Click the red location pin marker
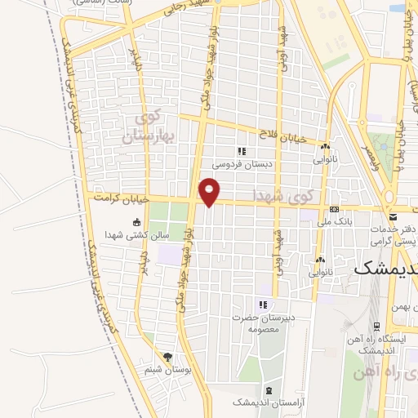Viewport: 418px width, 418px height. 211,192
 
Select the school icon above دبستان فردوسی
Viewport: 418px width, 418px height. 241,151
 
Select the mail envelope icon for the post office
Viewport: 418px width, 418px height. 393,217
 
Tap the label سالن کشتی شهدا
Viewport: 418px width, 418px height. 135,236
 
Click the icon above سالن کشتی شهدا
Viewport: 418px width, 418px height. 136,223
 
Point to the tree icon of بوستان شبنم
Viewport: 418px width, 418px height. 168,357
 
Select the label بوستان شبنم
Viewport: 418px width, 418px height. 168,371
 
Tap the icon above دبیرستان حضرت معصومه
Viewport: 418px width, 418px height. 263,305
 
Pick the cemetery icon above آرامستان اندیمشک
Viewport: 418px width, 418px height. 269,390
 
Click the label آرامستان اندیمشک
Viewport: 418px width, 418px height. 260,403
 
